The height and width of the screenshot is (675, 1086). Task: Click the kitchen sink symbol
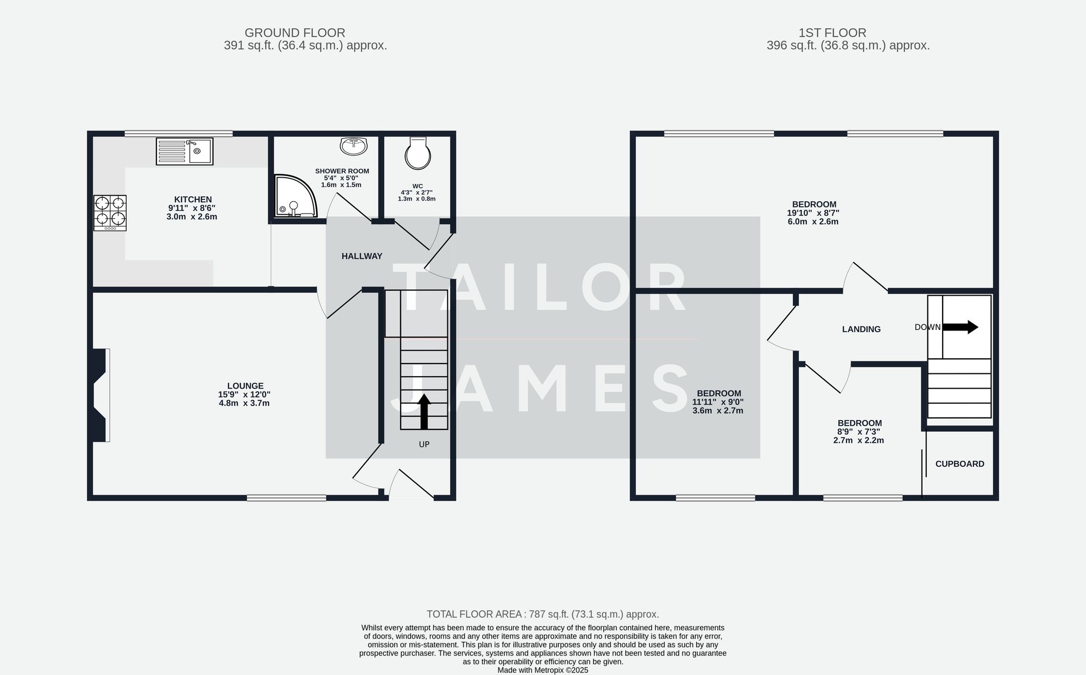point(185,151)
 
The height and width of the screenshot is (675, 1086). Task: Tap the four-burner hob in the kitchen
point(110,212)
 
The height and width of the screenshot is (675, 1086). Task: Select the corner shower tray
point(293,196)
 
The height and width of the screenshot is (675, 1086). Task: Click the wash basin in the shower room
point(353,146)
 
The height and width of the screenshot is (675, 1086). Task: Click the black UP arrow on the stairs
point(424,411)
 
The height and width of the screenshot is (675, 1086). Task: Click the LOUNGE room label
point(245,386)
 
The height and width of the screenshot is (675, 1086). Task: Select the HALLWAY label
point(362,256)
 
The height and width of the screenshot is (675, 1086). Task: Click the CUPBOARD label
point(959,464)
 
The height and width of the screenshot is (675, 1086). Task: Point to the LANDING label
point(861,329)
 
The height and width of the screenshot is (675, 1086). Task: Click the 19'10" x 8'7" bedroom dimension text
point(813,213)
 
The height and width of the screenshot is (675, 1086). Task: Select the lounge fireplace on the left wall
point(100,395)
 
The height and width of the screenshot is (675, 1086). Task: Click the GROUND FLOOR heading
point(294,33)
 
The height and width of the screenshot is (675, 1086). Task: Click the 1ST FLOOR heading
point(832,33)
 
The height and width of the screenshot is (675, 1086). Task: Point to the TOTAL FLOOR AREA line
point(542,614)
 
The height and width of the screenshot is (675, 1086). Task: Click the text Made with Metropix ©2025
point(542,670)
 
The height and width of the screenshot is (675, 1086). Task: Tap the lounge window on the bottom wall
point(287,497)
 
